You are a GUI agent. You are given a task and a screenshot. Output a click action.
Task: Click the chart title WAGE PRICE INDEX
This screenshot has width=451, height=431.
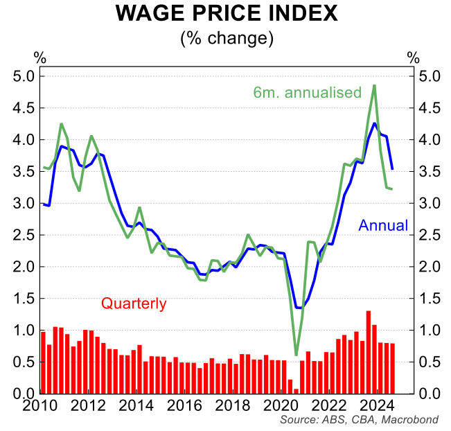coord(226,14)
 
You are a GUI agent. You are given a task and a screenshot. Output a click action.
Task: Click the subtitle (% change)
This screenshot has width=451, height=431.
coord(226,37)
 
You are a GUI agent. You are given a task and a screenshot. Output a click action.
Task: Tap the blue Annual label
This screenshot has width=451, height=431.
coord(383,225)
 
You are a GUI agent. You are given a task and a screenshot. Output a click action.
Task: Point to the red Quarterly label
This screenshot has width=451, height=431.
coord(134,303)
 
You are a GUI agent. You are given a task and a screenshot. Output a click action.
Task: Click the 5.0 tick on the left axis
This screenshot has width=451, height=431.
coord(24,76)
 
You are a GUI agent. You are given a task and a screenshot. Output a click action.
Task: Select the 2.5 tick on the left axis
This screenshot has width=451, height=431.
coord(24,235)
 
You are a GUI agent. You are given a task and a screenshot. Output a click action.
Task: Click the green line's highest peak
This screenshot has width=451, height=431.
coord(374,86)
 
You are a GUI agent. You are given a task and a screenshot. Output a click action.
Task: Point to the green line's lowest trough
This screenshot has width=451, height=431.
coord(296,355)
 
